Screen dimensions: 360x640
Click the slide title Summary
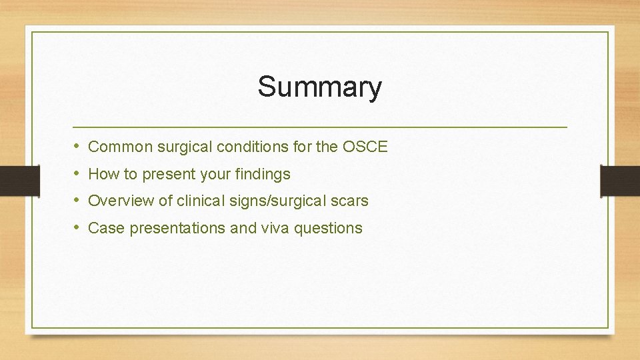[x=320, y=87]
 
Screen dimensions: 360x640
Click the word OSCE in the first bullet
[x=365, y=147]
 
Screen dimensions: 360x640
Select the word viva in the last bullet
[x=275, y=228]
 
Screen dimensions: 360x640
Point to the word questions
[x=328, y=229]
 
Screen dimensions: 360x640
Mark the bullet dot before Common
[x=77, y=147]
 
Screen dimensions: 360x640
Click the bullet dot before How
[x=77, y=174]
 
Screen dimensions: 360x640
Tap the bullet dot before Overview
[x=77, y=201]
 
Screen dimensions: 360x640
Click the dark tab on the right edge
[x=620, y=180]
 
